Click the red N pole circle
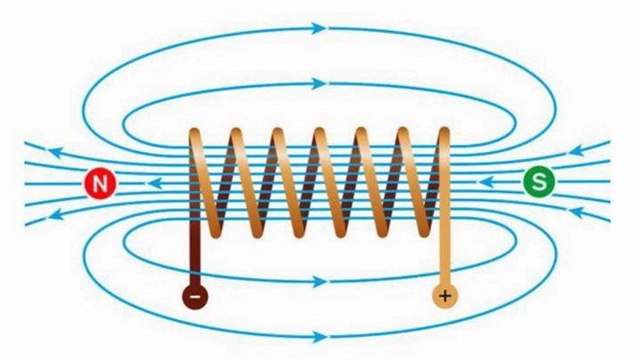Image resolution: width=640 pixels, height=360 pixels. point(100,183)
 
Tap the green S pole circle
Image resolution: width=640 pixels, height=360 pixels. point(539,181)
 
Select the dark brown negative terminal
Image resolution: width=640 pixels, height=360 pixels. point(195,297)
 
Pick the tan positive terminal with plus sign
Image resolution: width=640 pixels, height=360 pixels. point(445,295)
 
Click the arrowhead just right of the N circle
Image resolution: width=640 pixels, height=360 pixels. point(154,183)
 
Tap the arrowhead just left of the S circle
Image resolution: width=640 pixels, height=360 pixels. point(486,181)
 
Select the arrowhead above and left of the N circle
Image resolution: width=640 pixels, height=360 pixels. point(56,153)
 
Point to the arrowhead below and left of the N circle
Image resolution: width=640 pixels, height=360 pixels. point(56,214)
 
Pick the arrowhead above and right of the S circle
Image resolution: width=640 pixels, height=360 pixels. point(578,151)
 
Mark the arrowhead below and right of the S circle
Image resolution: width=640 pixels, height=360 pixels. point(578,212)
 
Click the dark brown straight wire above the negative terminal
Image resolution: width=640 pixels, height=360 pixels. point(195,254)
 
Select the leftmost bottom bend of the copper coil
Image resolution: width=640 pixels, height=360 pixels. point(214,231)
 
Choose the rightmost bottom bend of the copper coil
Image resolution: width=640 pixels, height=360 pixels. point(425,231)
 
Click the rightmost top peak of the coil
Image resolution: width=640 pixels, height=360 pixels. point(445,134)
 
